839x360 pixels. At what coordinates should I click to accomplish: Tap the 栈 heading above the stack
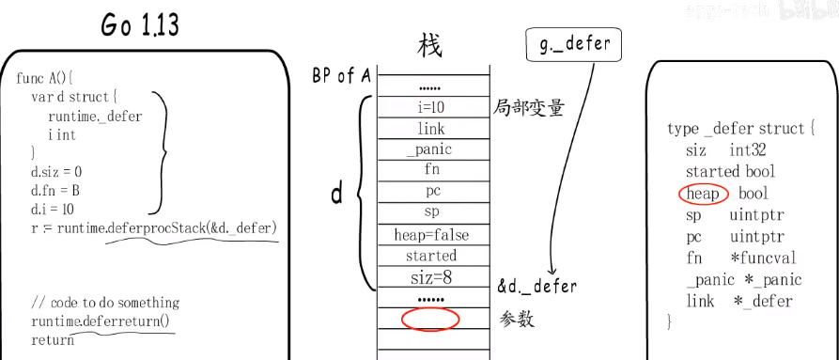pos(430,45)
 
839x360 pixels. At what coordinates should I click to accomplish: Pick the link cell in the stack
pos(430,129)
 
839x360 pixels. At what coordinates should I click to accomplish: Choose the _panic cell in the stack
pos(429,149)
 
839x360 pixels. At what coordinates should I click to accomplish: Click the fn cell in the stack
pos(430,170)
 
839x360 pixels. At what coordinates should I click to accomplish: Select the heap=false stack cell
pos(431,234)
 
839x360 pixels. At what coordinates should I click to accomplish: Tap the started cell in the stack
pos(430,256)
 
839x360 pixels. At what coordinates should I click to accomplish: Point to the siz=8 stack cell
pos(429,276)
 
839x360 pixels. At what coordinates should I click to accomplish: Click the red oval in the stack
pos(430,319)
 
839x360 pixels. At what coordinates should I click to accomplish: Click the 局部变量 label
pos(530,107)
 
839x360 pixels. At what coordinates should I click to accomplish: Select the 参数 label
pos(518,320)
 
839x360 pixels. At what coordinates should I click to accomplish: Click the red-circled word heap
pos(703,194)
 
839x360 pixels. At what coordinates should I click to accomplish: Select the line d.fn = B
pos(55,191)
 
